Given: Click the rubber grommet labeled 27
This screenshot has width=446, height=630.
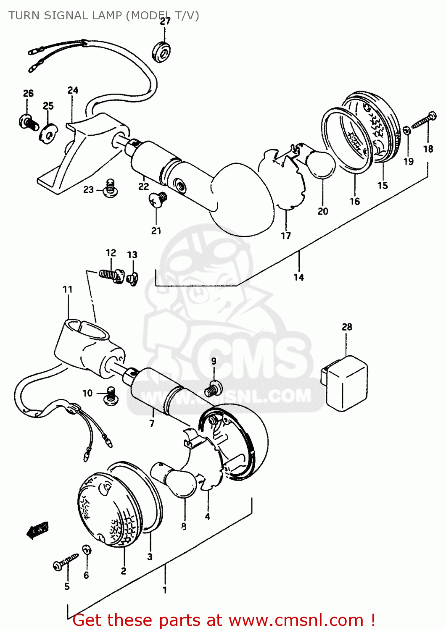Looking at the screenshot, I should (161, 52).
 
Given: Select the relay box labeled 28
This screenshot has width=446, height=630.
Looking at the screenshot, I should (345, 383).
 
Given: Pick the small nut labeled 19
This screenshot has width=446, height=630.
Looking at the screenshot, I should (407, 131).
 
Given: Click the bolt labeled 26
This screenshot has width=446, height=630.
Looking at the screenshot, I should (29, 122).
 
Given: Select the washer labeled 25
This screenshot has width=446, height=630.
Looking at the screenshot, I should (49, 134).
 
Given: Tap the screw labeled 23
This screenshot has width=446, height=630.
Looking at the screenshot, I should (110, 188).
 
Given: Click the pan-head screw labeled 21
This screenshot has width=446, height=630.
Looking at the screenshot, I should (158, 199).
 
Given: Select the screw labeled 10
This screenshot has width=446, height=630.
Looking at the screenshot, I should (111, 396).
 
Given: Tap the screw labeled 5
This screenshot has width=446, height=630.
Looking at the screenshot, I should (66, 562).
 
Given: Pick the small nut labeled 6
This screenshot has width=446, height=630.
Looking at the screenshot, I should (87, 550).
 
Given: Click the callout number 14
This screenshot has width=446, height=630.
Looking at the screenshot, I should (298, 277).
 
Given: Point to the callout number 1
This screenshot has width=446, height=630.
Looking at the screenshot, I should (165, 590).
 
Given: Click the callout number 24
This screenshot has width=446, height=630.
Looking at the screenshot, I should (73, 90).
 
